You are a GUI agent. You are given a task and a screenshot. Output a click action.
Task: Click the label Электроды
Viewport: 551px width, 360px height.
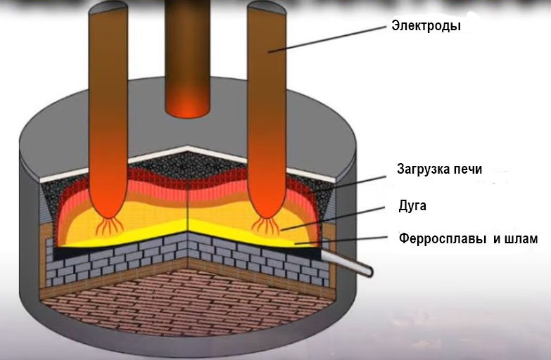click(x=426, y=27)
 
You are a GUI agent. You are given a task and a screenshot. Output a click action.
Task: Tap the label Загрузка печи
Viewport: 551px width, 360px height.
click(x=438, y=169)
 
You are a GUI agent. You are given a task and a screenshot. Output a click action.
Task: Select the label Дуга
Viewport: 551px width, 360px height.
click(x=412, y=205)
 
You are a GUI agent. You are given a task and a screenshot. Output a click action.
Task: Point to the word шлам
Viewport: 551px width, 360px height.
click(x=521, y=239)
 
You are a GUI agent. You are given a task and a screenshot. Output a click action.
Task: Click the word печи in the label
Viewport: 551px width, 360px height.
click(x=469, y=169)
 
